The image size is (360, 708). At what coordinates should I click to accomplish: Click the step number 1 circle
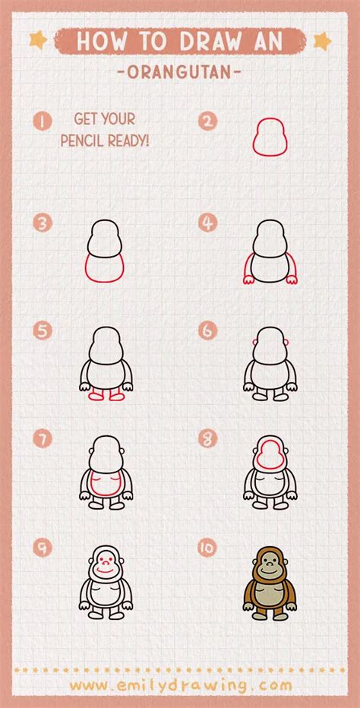pyautogui.click(x=43, y=121)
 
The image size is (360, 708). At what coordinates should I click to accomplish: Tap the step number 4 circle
pyautogui.click(x=207, y=223)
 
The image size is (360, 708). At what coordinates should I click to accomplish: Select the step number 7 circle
pyautogui.click(x=43, y=438)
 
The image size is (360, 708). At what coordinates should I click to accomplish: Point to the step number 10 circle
pyautogui.click(x=207, y=547)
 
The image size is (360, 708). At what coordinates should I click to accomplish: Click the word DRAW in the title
pyautogui.click(x=209, y=42)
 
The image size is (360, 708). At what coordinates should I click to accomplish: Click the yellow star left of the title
pyautogui.click(x=39, y=40)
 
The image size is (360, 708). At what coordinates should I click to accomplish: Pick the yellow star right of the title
pyautogui.click(x=322, y=41)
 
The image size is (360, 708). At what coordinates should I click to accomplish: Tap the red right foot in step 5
pyautogui.click(x=118, y=396)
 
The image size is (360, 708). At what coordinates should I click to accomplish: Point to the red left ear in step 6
pyautogui.click(x=254, y=343)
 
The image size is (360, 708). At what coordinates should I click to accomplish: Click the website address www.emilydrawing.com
pyautogui.click(x=181, y=685)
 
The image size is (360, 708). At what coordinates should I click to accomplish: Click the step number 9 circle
pyautogui.click(x=43, y=547)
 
